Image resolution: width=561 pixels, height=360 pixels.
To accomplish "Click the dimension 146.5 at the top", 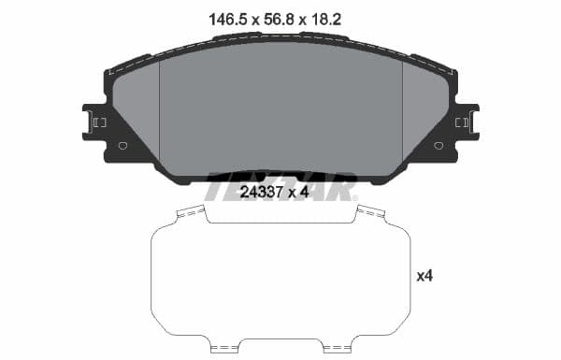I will pyautogui.click(x=222, y=18).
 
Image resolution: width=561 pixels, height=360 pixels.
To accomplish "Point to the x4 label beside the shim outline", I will pyautogui.click(x=424, y=276).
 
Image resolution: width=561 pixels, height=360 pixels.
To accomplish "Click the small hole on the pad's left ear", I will pyautogui.click(x=122, y=145).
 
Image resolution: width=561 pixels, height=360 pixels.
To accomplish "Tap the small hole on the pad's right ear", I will pyautogui.click(x=439, y=145).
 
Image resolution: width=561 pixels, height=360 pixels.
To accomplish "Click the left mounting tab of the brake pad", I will pyautogui.click(x=95, y=122).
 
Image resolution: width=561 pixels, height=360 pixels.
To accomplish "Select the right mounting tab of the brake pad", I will pyautogui.click(x=465, y=122).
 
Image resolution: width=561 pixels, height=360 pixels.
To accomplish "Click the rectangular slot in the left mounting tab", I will pyautogui.click(x=99, y=122).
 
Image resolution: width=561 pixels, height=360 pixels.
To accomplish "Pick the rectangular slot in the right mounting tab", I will pyautogui.click(x=461, y=122).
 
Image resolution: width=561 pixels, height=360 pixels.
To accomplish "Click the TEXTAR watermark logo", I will pyautogui.click(x=280, y=184).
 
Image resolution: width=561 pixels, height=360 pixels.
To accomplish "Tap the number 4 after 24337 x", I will pyautogui.click(x=305, y=193).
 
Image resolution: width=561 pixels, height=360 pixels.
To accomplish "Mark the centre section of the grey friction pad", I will pyautogui.click(x=280, y=108).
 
